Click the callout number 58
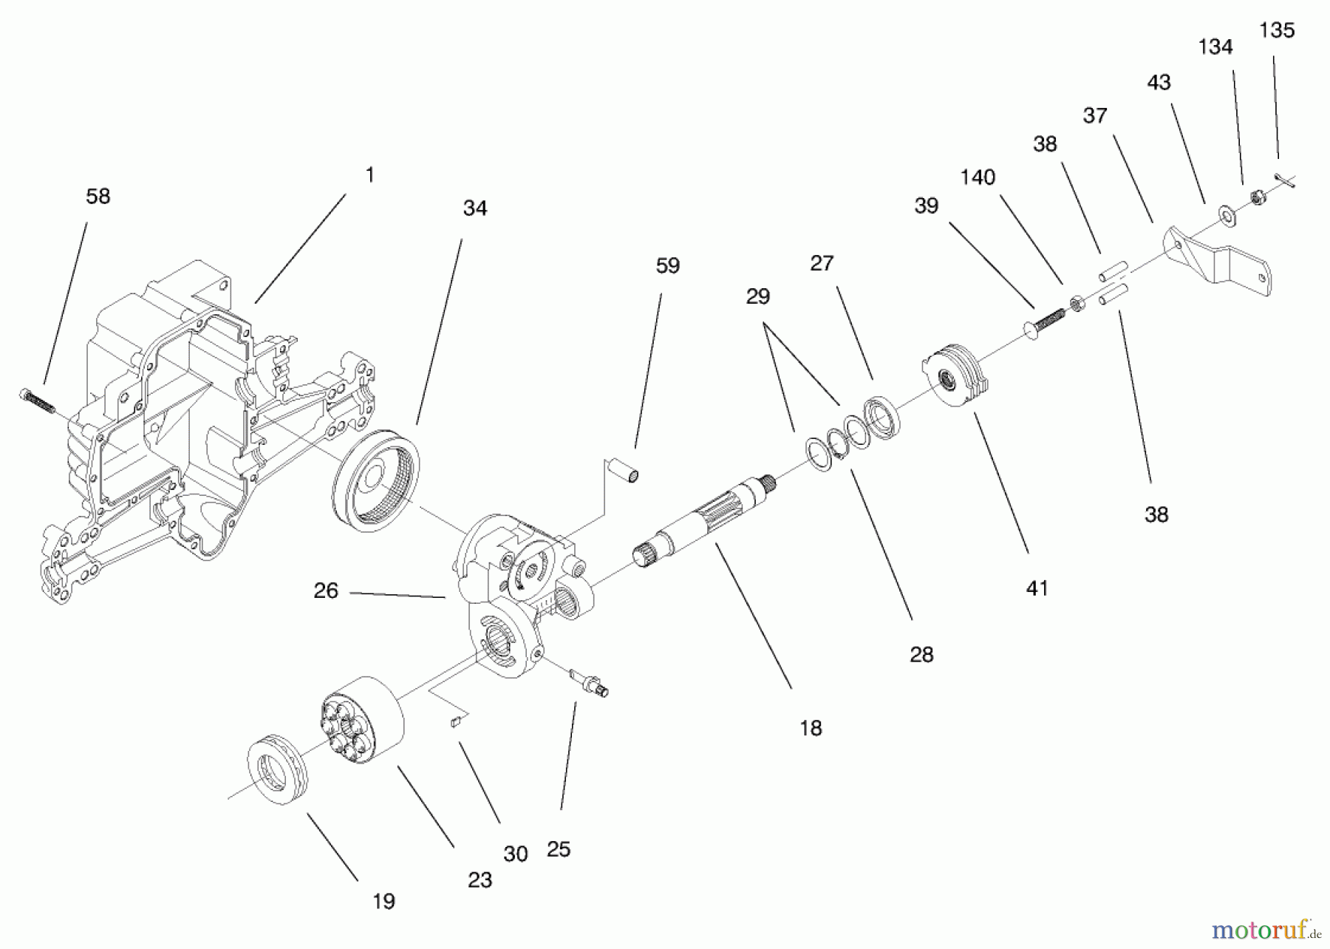pyautogui.click(x=98, y=196)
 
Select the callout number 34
pyautogui.click(x=474, y=208)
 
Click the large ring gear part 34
pyautogui.click(x=376, y=481)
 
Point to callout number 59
pyautogui.click(x=667, y=266)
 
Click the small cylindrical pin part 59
pyautogui.click(x=622, y=470)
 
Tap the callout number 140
pyautogui.click(x=977, y=177)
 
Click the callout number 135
pyautogui.click(x=1276, y=30)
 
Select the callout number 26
pyautogui.click(x=325, y=591)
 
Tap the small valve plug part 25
pyautogui.click(x=589, y=681)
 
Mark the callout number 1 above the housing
pyautogui.click(x=369, y=175)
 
